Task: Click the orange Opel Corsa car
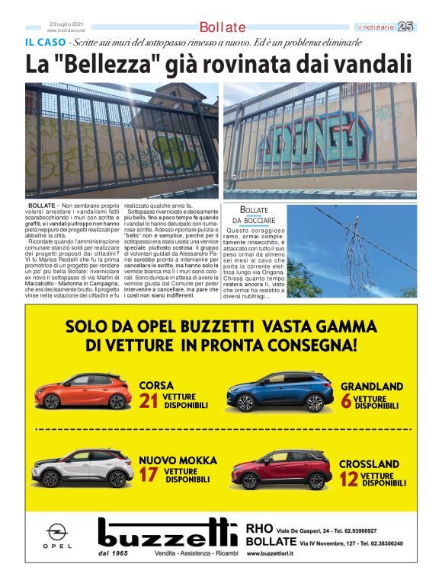click(x=85, y=390)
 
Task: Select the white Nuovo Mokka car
click(x=85, y=467)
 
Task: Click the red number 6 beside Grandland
click(x=346, y=402)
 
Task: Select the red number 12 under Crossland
click(x=349, y=479)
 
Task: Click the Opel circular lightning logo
click(x=56, y=532)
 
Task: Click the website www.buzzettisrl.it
click(x=277, y=556)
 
